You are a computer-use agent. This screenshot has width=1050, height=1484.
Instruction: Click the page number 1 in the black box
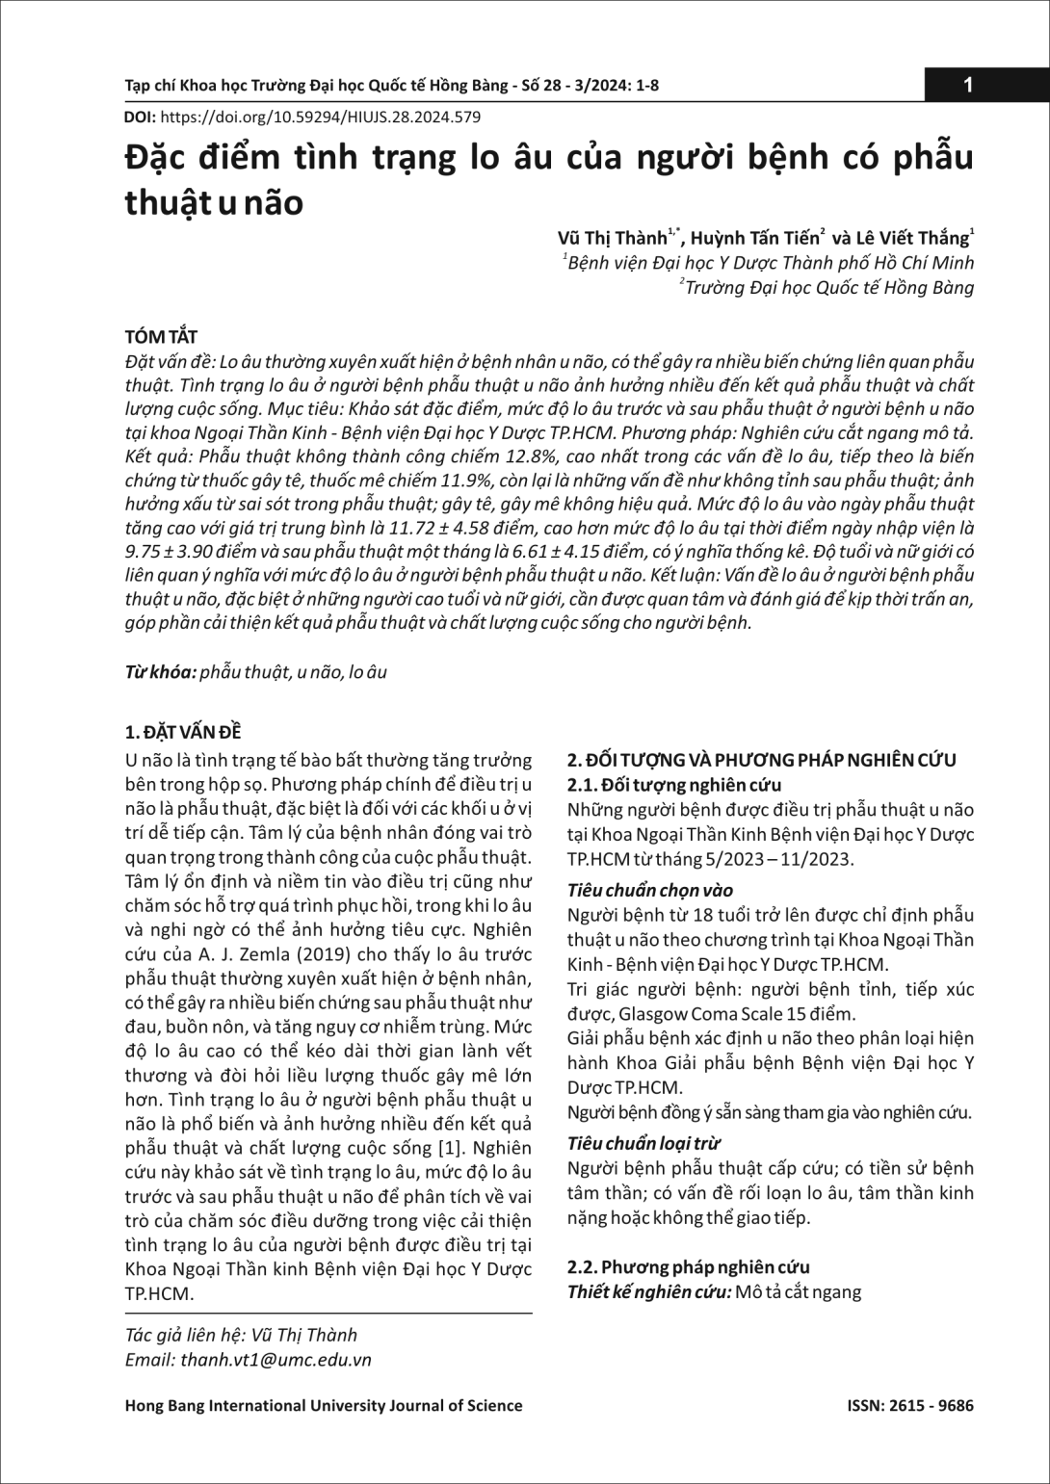pyautogui.click(x=968, y=86)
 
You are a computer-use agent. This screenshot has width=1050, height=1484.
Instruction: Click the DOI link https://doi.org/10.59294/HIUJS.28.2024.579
pyautogui.click(x=319, y=117)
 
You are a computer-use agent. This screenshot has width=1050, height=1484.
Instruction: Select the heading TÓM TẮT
pyautogui.click(x=161, y=337)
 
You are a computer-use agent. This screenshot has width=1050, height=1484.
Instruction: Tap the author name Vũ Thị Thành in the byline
pyautogui.click(x=613, y=237)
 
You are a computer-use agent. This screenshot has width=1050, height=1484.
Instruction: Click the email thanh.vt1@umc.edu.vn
pyautogui.click(x=275, y=1360)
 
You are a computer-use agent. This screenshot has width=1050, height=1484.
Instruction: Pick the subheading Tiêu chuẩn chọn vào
pyautogui.click(x=650, y=890)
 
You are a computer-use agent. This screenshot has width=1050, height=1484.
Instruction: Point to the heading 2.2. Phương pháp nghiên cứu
pyautogui.click(x=688, y=1267)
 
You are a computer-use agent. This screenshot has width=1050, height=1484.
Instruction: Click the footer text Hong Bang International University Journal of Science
pyautogui.click(x=324, y=1405)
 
